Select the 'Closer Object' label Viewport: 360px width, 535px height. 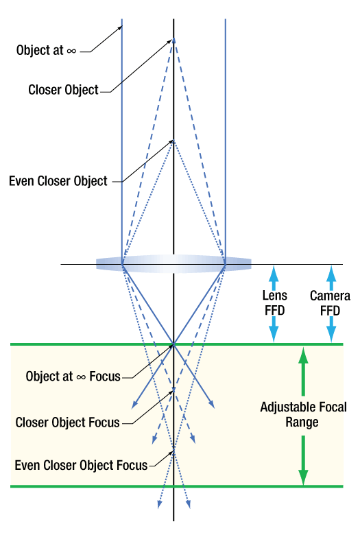click(63, 90)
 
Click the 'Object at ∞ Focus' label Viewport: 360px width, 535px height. click(73, 377)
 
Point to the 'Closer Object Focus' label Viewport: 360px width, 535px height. click(67, 423)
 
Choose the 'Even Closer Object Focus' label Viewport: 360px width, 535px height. click(81, 465)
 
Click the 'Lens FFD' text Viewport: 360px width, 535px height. click(275, 302)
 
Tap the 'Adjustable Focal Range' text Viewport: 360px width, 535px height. click(303, 414)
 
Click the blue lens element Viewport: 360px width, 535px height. click(173, 263)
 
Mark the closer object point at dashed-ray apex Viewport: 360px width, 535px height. click(173, 40)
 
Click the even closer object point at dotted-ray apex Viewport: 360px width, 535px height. click(173, 141)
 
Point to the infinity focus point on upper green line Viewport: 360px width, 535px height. click(173, 344)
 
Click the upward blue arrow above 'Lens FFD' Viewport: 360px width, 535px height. click(275, 276)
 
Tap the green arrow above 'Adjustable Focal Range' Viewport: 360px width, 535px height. click(303, 370)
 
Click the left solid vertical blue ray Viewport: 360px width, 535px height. click(121, 137)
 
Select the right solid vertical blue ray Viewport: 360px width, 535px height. click(226, 137)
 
